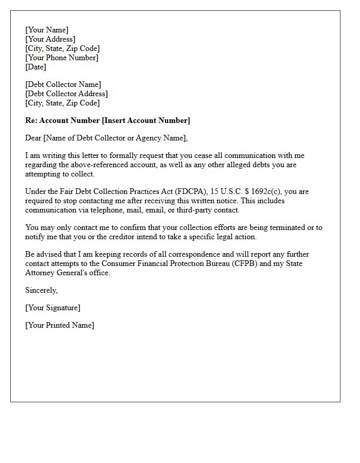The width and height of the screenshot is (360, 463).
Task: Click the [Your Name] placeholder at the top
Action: pyautogui.click(x=47, y=30)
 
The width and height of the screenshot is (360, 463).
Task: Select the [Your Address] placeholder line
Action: pyautogui.click(x=50, y=39)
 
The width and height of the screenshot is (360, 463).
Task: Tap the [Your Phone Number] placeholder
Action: pyautogui.click(x=62, y=58)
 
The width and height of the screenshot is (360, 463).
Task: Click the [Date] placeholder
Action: pyautogui.click(x=36, y=67)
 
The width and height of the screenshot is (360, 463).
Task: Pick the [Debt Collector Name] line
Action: pyautogui.click(x=63, y=84)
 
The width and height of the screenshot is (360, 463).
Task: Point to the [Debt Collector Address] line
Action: pyautogui.click(x=67, y=94)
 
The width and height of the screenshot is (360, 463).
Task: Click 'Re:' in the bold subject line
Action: pyautogui.click(x=31, y=120)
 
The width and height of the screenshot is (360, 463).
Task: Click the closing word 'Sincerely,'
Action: pyautogui.click(x=42, y=290)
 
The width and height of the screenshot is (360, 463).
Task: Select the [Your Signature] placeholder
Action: pyautogui.click(x=53, y=308)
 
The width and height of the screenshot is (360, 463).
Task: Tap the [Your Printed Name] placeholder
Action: pyautogui.click(x=60, y=325)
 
